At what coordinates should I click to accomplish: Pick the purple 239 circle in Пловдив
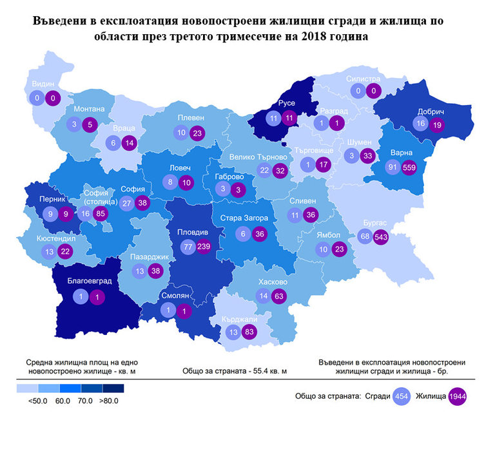204,246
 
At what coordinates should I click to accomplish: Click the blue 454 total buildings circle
400,396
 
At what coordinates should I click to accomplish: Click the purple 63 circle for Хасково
279,296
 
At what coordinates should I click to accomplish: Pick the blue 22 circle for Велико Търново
264,171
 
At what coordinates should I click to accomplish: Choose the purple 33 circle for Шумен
368,155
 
